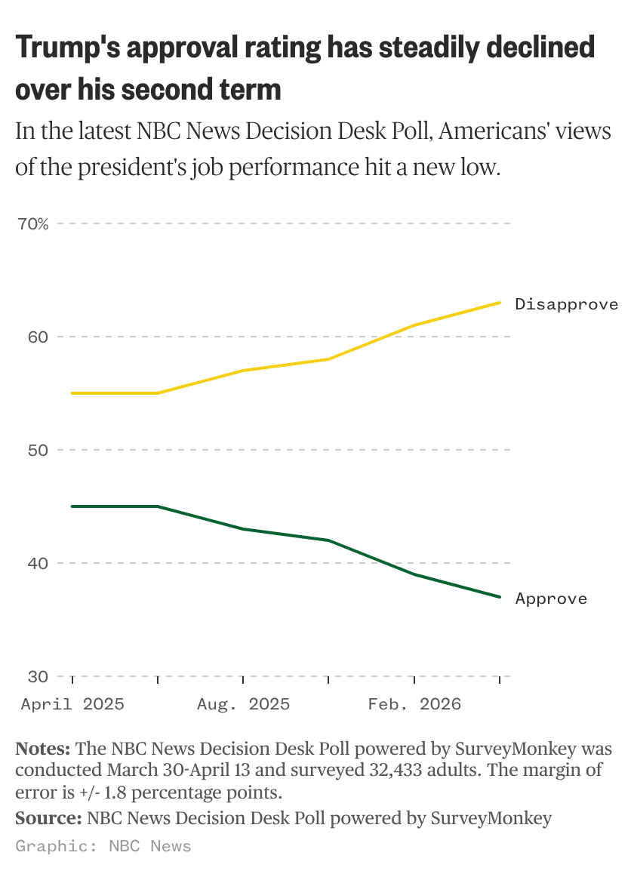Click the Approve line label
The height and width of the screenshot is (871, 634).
[x=551, y=599]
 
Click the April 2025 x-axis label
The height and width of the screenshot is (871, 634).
[x=72, y=704]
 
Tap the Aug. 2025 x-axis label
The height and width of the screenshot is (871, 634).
[x=243, y=704]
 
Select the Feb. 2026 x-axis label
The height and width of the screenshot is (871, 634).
[x=414, y=704]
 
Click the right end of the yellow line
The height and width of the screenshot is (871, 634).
[x=500, y=303]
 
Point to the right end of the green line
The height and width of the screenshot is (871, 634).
[x=500, y=597]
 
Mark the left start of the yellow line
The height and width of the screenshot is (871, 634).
[x=72, y=393]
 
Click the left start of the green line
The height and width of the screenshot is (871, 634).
[x=72, y=506]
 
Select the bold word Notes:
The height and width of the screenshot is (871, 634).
[x=43, y=749]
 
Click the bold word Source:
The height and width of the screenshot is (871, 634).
[x=48, y=818]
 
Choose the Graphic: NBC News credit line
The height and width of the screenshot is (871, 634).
[x=103, y=846]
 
